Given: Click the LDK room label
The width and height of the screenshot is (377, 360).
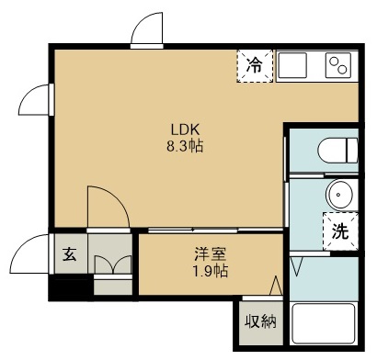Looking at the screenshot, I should [x=177, y=129].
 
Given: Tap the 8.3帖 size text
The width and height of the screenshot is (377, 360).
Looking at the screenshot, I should [x=177, y=145].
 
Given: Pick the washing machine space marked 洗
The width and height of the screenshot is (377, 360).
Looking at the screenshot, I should [x=339, y=231].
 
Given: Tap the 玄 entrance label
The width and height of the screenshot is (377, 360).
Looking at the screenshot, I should [x=70, y=254].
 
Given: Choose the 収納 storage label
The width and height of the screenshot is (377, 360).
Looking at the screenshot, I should [x=260, y=321].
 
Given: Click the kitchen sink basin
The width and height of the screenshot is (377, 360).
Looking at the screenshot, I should [x=295, y=65].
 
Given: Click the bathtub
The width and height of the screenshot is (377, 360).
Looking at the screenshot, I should [x=324, y=324].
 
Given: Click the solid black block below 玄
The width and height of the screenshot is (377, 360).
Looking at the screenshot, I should [x=70, y=287].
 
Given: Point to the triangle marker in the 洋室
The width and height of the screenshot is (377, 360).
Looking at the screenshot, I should [x=275, y=285].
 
